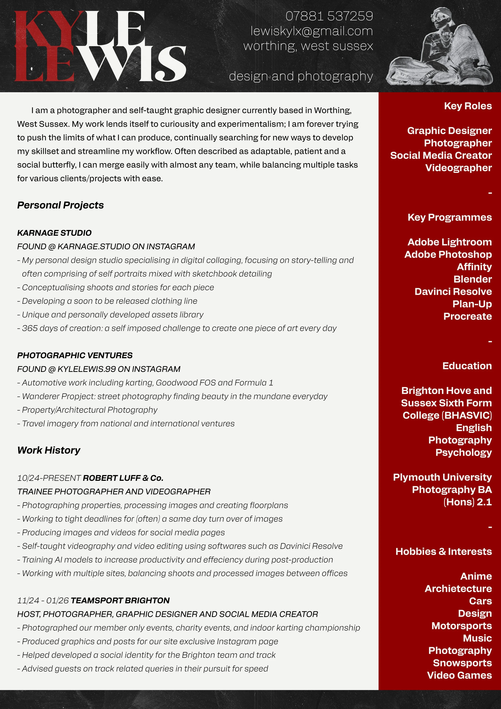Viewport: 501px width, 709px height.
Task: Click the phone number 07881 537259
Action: [329, 16]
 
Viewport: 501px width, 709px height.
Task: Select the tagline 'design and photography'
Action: [301, 76]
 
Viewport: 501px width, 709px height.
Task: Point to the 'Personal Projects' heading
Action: [61, 205]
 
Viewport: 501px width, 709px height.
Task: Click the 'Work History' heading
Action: [49, 450]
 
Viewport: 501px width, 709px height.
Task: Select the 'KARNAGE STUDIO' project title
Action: [54, 233]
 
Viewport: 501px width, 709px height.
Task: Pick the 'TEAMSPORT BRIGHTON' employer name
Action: [120, 600]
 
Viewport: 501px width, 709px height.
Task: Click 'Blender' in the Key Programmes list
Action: [472, 279]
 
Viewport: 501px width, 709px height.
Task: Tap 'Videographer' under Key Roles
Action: [458, 168]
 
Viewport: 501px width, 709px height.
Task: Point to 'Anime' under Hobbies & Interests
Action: [476, 576]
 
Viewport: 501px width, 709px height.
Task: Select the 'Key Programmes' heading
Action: [449, 217]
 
